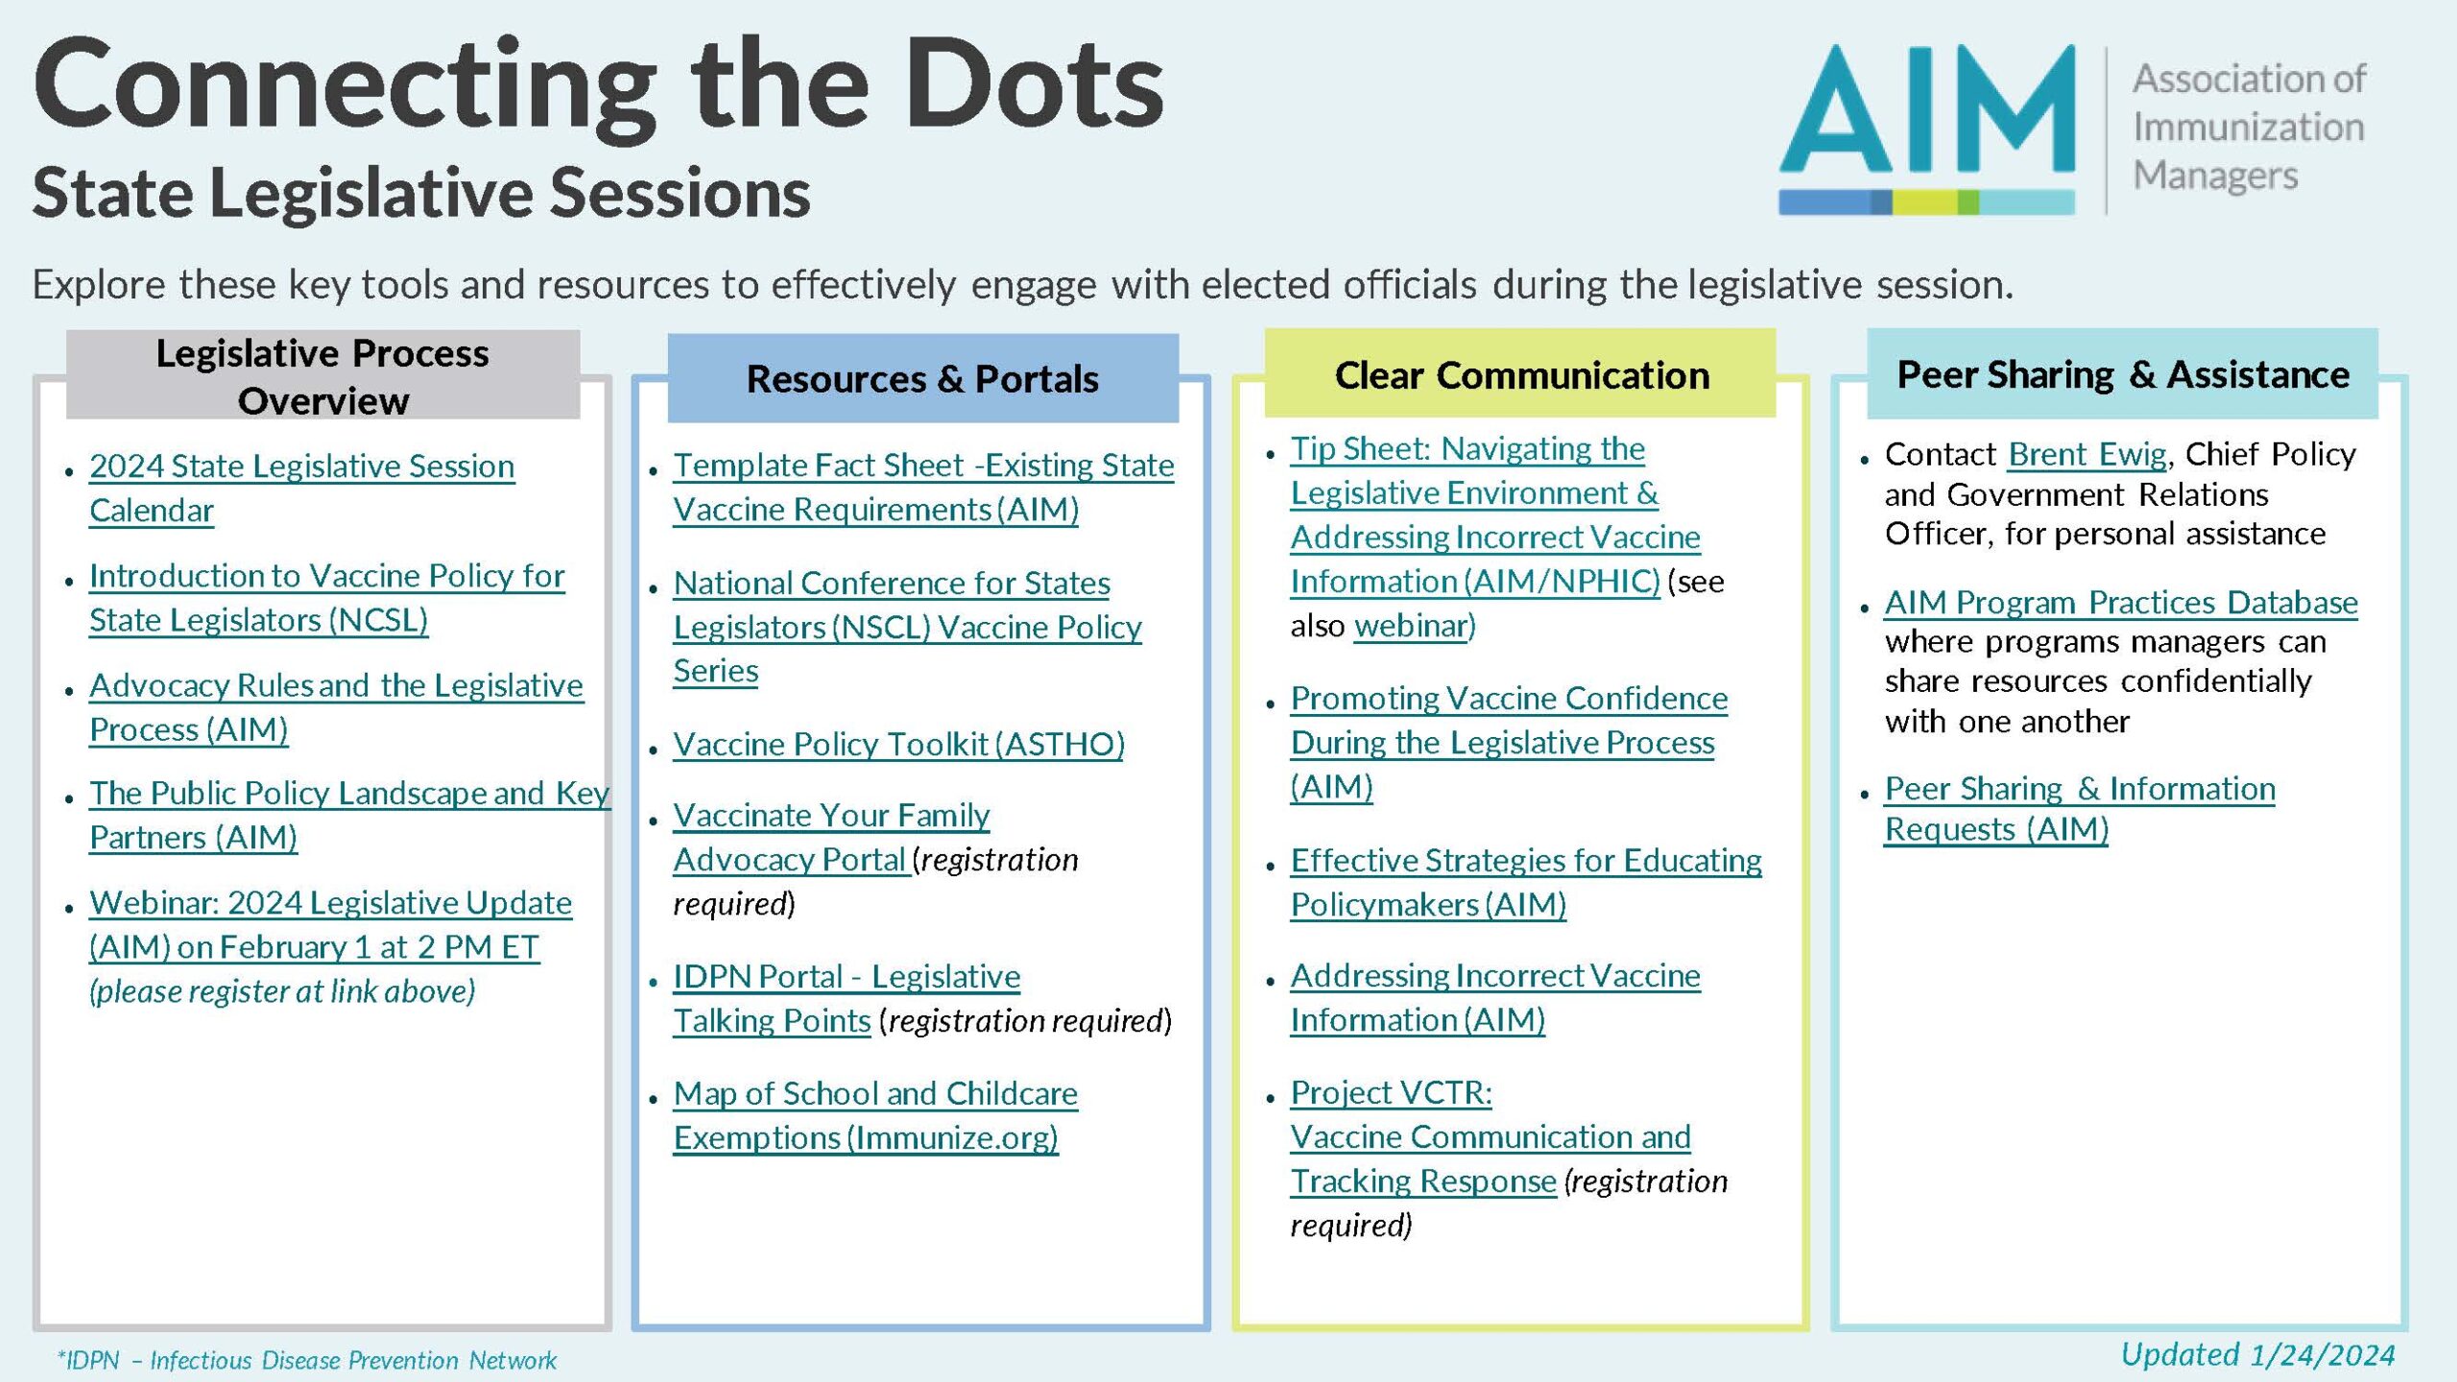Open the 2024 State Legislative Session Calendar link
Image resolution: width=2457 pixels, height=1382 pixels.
[301, 467]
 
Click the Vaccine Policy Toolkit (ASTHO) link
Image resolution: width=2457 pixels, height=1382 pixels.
[898, 745]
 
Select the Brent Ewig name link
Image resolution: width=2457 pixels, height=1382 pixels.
[2087, 454]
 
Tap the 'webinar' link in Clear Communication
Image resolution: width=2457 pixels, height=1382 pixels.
[1412, 626]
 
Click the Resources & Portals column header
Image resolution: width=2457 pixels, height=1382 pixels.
[922, 379]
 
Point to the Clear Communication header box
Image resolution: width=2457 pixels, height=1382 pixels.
[1520, 375]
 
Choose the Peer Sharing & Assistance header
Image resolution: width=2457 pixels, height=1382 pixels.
[2122, 374]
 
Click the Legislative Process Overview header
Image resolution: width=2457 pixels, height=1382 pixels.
[322, 376]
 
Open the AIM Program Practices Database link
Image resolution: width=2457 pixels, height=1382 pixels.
[2120, 603]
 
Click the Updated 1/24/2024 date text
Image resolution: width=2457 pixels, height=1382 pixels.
[2257, 1354]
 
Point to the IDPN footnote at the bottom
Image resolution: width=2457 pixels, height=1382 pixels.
[307, 1360]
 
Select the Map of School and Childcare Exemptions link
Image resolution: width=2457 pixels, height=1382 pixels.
[874, 1094]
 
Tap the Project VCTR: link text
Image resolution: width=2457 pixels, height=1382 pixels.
[1391, 1093]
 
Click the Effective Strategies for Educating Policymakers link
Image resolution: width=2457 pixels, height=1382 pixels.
[1525, 861]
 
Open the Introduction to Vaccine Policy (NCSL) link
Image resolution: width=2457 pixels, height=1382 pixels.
[326, 577]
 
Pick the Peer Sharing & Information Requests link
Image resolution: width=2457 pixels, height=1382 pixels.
[2079, 790]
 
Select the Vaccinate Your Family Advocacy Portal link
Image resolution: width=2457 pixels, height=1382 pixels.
[831, 816]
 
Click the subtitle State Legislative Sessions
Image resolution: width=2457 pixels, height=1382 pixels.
[421, 193]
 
